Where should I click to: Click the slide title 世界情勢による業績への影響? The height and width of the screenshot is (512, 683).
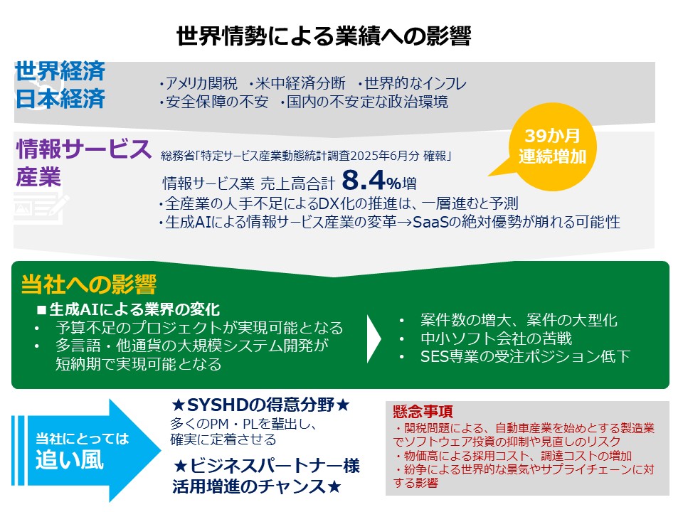pos(323,35)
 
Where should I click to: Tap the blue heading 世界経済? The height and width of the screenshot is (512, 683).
pos(60,71)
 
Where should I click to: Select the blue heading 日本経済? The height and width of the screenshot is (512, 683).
pos(60,98)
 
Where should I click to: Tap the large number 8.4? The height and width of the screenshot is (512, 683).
pos(364,180)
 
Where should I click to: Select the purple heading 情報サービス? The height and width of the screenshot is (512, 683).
pos(84,150)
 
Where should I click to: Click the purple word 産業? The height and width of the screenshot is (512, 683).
pos(38,177)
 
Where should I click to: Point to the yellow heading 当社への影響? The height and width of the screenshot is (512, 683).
pos(88,284)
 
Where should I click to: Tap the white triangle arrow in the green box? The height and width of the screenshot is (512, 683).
pos(374,337)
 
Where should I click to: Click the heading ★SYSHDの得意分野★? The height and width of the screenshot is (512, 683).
pos(261,405)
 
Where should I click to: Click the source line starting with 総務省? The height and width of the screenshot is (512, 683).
pos(307,155)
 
